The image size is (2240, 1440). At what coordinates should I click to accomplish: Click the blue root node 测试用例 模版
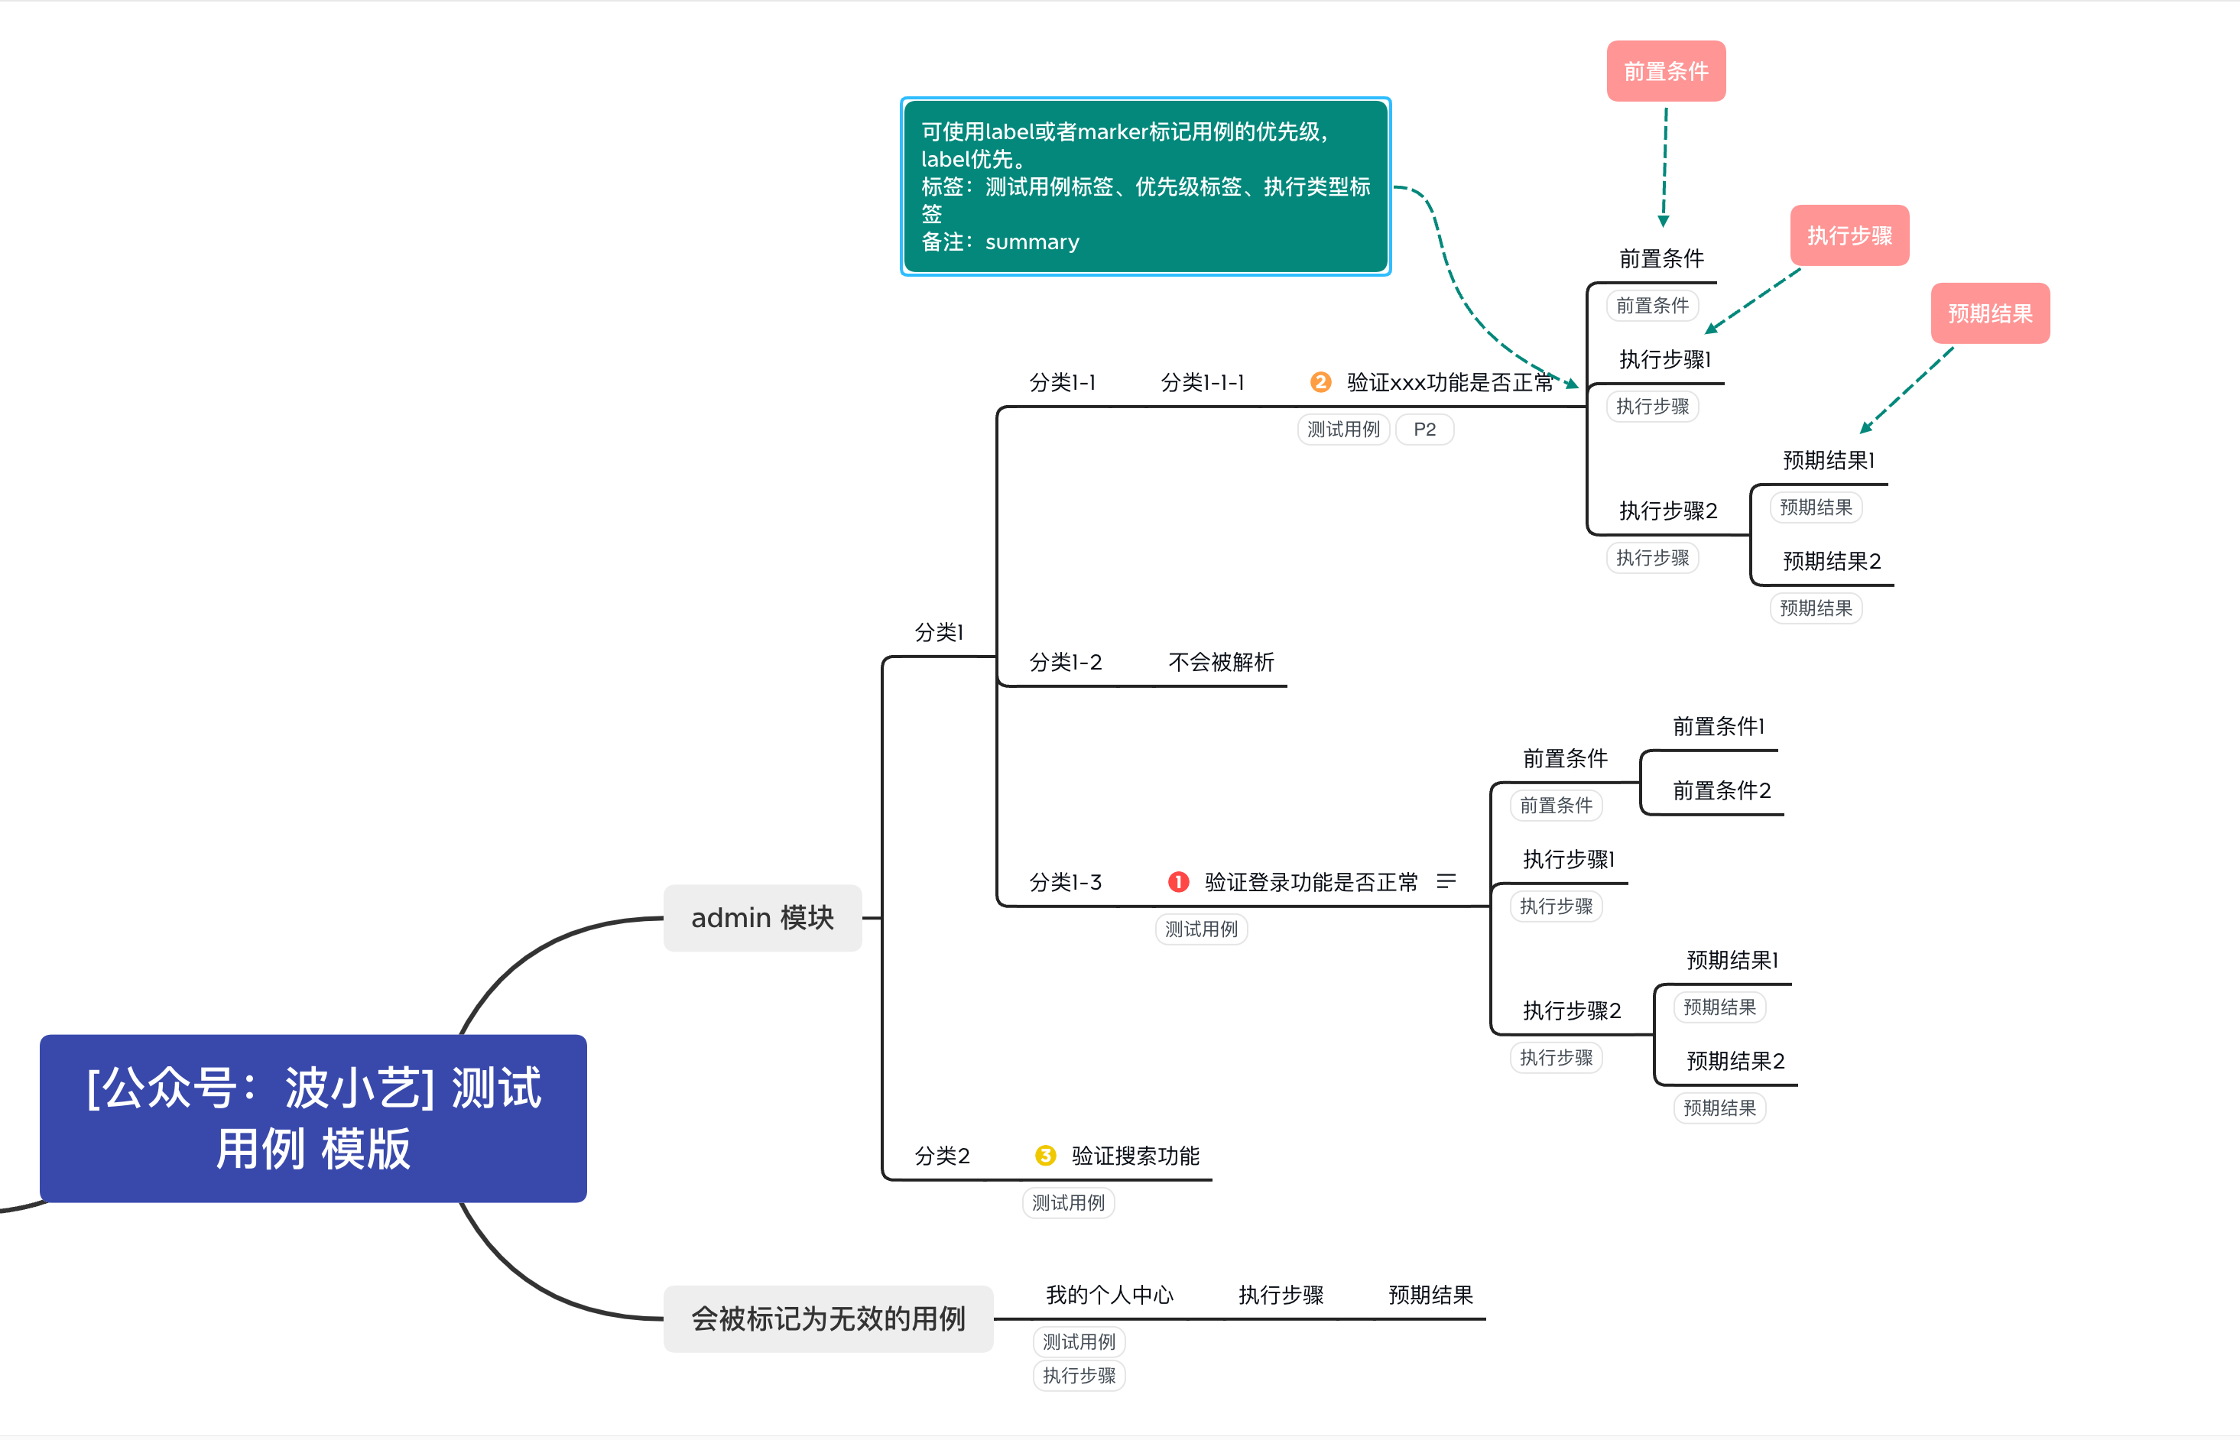click(x=313, y=1117)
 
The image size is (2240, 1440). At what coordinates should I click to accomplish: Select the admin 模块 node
click(x=761, y=917)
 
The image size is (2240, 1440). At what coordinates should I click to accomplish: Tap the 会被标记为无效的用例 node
click(x=828, y=1318)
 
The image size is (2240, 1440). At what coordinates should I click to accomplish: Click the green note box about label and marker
click(x=1144, y=186)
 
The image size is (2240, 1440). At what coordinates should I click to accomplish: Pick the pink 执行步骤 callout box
click(x=1849, y=235)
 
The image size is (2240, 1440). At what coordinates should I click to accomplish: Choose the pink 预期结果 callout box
click(x=1989, y=313)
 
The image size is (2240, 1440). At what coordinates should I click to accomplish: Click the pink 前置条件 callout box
click(x=1666, y=71)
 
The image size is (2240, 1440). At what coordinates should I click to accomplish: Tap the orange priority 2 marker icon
click(x=1320, y=381)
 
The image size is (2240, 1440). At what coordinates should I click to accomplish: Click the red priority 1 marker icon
click(x=1178, y=882)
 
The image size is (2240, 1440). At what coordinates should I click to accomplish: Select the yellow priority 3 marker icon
click(x=1046, y=1156)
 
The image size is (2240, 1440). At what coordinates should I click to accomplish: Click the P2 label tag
click(x=1424, y=430)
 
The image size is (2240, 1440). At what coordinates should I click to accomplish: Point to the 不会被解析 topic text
click(x=1221, y=662)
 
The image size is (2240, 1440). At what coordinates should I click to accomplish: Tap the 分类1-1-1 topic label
click(x=1202, y=382)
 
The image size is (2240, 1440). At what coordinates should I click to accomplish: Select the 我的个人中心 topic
click(x=1109, y=1295)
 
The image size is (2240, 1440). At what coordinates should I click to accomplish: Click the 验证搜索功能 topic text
click(x=1135, y=1156)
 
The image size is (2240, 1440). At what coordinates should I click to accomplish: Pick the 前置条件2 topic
click(x=1721, y=791)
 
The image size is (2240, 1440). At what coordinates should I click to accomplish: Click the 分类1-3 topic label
click(x=1065, y=882)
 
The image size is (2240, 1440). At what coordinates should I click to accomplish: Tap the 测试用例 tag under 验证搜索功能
click(x=1068, y=1202)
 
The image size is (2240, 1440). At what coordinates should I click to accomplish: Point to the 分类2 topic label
click(x=942, y=1156)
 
